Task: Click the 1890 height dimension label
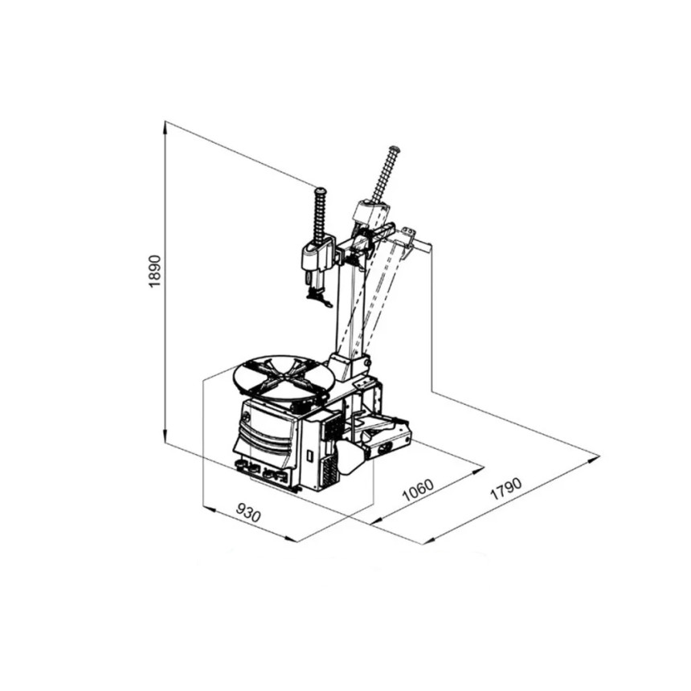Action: (156, 271)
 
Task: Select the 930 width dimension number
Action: (248, 513)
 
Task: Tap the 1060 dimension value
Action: (418, 489)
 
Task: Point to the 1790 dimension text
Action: (506, 489)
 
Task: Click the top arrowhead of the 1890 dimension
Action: (165, 128)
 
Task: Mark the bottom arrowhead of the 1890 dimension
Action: (165, 436)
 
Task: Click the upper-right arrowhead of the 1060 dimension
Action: (478, 470)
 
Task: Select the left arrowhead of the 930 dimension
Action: (209, 509)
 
